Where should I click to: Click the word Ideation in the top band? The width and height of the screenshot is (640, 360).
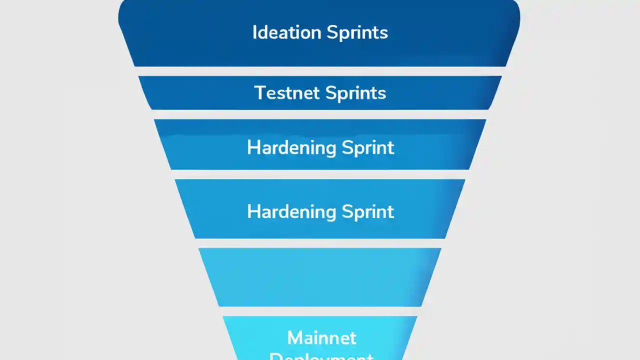click(287, 32)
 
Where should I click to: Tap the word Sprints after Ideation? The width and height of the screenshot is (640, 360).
click(357, 33)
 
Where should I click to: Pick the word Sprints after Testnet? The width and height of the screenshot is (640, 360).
click(355, 93)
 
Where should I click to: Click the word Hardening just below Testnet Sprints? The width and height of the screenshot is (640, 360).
click(291, 147)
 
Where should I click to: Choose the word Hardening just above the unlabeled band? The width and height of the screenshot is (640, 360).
click(291, 211)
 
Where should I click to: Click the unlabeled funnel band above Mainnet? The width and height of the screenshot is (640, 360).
click(320, 277)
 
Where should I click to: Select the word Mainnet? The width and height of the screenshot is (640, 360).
click(321, 338)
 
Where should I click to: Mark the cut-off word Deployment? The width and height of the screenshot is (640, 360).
click(321, 356)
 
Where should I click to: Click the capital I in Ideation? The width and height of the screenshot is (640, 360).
click(254, 32)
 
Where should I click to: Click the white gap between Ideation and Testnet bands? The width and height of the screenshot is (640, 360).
click(320, 71)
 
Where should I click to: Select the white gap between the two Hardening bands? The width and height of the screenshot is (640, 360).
click(320, 174)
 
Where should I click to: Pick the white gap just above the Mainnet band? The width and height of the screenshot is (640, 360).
click(320, 311)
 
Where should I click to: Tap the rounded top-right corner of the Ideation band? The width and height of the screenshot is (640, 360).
click(515, 7)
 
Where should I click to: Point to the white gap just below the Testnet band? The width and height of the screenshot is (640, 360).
click(320, 114)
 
